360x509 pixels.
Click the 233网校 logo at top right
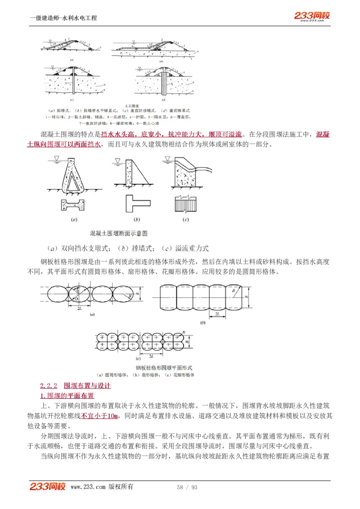pos(312,16)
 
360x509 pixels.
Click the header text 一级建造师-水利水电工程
pos(63,18)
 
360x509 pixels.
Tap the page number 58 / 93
pos(187,487)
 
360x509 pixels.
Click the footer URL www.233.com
pos(88,487)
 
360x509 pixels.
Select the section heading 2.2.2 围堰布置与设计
pos(75,386)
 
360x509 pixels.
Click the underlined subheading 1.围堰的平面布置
pos(67,396)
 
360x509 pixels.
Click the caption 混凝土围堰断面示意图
pos(119,233)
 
